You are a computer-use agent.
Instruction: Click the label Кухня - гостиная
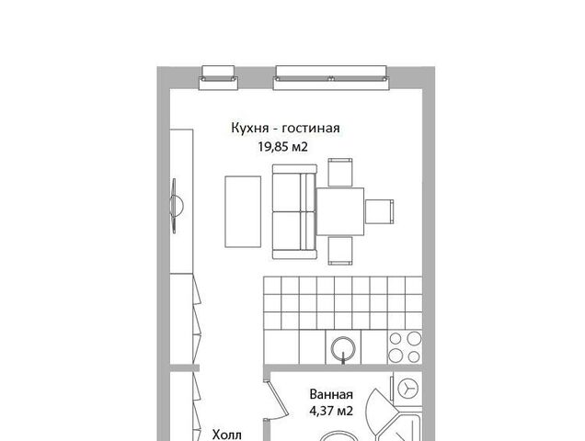tap(285, 128)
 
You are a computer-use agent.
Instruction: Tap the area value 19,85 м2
tap(282, 146)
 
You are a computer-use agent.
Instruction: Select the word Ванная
tap(331, 394)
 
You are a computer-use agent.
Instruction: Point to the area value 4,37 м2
tap(331, 411)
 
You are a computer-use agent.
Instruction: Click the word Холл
tap(227, 435)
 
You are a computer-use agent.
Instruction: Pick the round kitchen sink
tap(343, 348)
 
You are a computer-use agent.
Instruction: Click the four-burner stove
tap(405, 347)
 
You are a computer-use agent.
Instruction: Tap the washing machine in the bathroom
tap(407, 389)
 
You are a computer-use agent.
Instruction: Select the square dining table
tap(340, 211)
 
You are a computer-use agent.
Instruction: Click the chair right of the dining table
tap(379, 211)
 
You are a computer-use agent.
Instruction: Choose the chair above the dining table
tap(340, 172)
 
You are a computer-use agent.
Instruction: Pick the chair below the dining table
tap(340, 251)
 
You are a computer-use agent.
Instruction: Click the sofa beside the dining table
tap(294, 211)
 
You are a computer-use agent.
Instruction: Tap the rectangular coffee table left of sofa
tap(243, 211)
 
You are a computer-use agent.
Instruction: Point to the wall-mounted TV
tap(176, 206)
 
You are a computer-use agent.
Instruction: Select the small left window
tap(218, 78)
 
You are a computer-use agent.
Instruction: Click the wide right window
tap(331, 78)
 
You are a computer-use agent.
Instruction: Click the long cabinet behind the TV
tap(181, 202)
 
